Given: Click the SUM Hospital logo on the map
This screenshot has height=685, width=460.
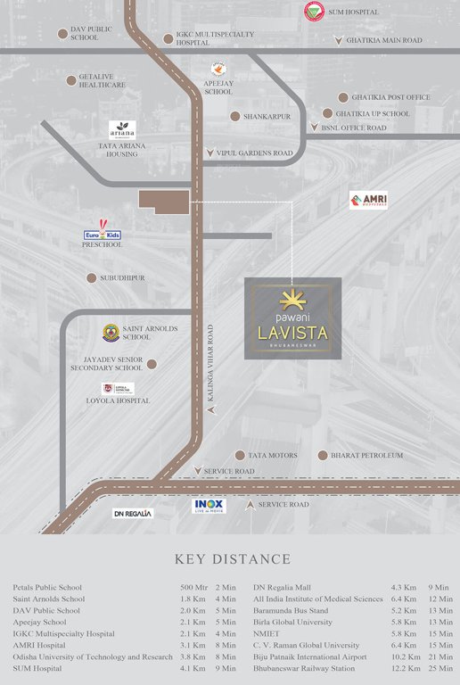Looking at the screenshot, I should click(x=313, y=11).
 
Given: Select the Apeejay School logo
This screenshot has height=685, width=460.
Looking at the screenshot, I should click(x=218, y=70).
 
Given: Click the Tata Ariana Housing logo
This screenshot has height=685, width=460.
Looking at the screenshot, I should click(x=122, y=129).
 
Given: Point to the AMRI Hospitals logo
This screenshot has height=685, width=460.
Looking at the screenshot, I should click(x=368, y=201).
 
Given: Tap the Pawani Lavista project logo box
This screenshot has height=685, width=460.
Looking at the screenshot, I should click(x=292, y=318).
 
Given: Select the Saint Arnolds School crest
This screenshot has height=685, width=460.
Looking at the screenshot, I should click(x=111, y=332).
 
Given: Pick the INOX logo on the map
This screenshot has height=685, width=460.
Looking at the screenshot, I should click(x=210, y=506).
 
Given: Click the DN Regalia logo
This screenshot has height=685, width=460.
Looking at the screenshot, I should click(x=133, y=514).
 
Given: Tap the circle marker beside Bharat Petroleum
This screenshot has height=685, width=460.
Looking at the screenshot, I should click(x=323, y=455).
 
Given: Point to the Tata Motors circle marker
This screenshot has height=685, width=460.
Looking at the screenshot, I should click(x=240, y=455).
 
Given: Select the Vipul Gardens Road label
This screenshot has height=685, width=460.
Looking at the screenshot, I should click(x=254, y=153).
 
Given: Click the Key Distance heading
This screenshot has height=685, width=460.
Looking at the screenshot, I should click(x=233, y=559).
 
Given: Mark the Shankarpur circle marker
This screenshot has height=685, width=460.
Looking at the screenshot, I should click(x=235, y=116).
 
